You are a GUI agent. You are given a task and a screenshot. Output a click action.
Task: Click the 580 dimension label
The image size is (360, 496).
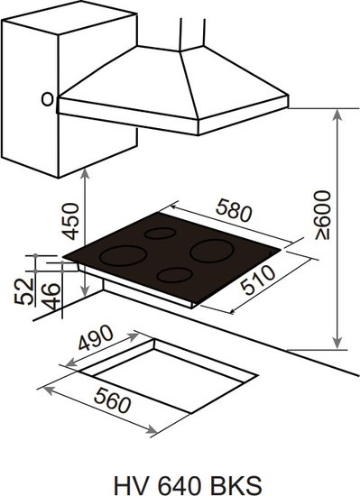tap(234, 211)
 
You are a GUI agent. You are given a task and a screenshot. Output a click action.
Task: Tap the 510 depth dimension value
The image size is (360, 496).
tap(258, 280)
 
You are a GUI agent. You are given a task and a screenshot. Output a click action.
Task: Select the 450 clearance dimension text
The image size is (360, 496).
tap(70, 221)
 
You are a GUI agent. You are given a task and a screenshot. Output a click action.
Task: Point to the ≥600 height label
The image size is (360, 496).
tap(323, 215)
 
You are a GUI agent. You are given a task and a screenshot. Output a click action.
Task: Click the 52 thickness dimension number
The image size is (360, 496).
tap(24, 291)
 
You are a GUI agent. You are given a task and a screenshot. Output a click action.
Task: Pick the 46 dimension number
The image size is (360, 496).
tap(51, 296)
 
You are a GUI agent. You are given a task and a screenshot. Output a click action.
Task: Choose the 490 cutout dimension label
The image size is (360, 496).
tap(96, 338)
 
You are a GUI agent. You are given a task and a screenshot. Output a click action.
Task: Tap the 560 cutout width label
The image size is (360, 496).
tap(112, 400)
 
